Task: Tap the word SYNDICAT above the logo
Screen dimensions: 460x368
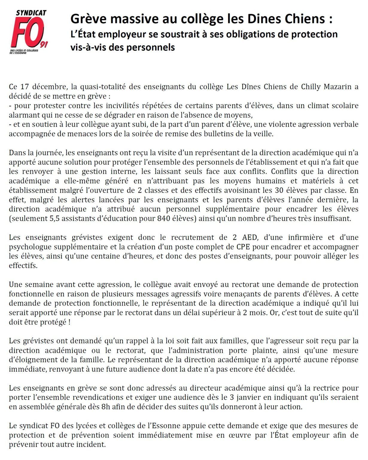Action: coord(31,13)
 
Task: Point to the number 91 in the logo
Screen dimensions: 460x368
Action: coord(44,44)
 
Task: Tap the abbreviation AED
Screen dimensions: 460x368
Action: coord(249,237)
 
